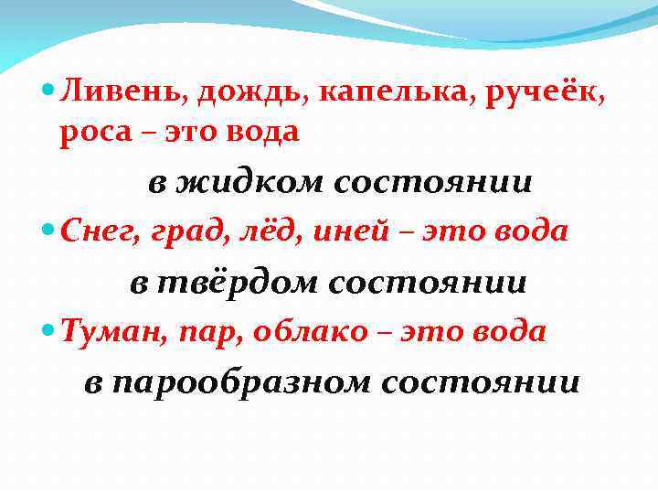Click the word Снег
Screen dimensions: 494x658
coord(93,233)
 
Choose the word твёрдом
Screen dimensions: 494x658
coord(239,283)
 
